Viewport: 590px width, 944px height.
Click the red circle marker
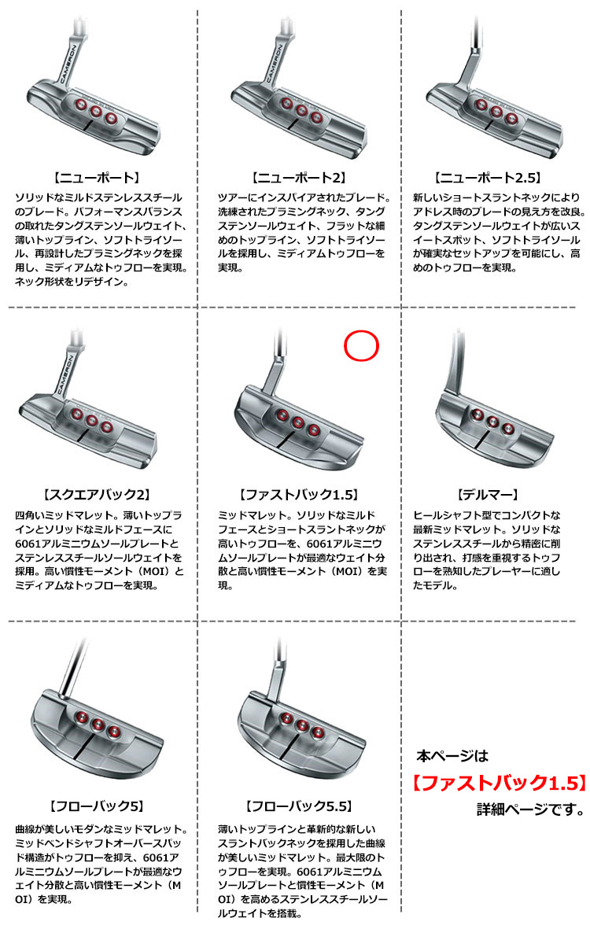[x=362, y=345]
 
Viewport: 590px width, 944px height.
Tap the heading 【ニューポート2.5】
[x=488, y=179]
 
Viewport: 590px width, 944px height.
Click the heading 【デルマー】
[x=487, y=496]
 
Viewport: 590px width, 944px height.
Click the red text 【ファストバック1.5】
[x=498, y=783]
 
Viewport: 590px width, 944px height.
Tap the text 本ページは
[x=452, y=757]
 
